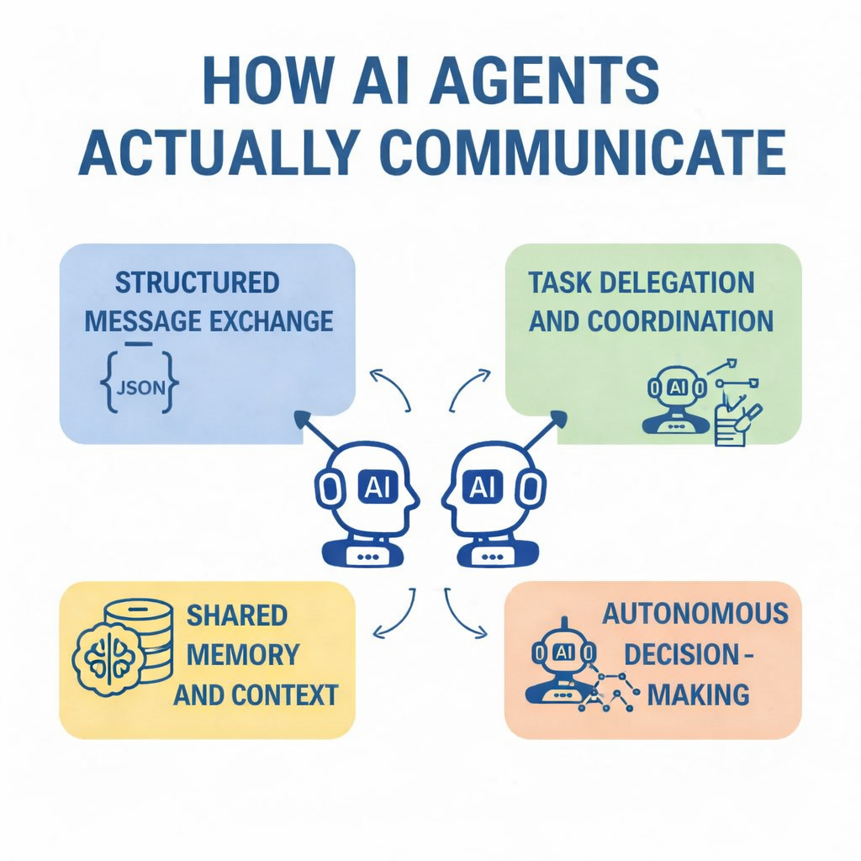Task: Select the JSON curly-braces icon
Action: (138, 387)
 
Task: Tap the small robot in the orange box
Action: (562, 661)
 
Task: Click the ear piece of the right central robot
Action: (531, 489)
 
